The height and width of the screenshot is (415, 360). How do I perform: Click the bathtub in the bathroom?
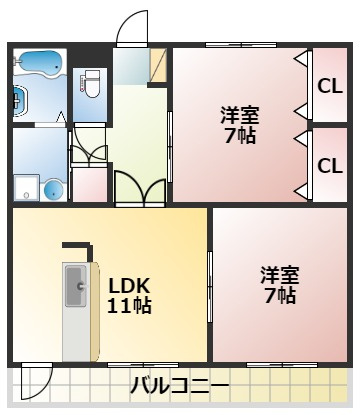pyautogui.click(x=39, y=62)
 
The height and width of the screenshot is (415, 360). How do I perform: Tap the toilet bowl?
pyautogui.click(x=92, y=83)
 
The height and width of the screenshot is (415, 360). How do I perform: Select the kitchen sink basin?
pyautogui.click(x=76, y=286)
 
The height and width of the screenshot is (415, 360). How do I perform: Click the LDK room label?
pyautogui.click(x=129, y=285)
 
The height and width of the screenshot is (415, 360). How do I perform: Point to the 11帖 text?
pyautogui.click(x=129, y=305)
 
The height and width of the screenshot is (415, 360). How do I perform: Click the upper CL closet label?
pyautogui.click(x=330, y=86)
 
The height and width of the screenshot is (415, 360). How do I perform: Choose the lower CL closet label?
pyautogui.click(x=330, y=165)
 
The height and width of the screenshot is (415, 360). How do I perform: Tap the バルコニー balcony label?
pyautogui.click(x=179, y=386)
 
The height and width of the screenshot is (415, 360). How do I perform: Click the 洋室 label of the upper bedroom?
pyautogui.click(x=240, y=116)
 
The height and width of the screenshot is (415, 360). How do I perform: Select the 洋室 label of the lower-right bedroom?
pyautogui.click(x=280, y=275)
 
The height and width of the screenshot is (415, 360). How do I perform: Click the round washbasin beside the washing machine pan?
pyautogui.click(x=54, y=190)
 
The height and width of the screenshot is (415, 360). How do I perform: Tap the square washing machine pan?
pyautogui.click(x=27, y=188)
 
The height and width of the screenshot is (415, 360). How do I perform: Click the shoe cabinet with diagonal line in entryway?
pyautogui.click(x=158, y=65)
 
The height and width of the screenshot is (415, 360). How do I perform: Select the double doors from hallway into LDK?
pyautogui.click(x=140, y=188)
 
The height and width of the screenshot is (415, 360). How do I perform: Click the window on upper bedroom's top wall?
pyautogui.click(x=241, y=45)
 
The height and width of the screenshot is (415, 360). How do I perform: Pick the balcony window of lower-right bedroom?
pyautogui.click(x=282, y=365)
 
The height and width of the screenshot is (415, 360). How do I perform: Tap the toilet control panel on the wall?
pyautogui.click(x=82, y=83)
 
